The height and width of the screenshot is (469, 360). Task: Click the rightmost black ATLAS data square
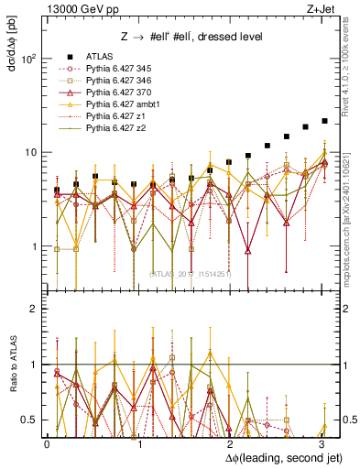(324, 121)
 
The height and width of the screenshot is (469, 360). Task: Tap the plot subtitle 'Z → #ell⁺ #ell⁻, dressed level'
(183, 36)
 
